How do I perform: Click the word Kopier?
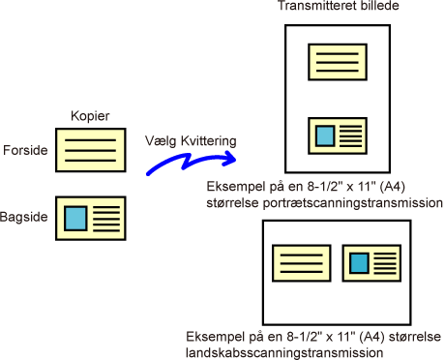tap(90, 116)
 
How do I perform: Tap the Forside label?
tap(25, 150)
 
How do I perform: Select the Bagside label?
tap(24, 217)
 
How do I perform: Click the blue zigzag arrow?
tap(191, 164)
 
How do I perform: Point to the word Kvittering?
tap(209, 141)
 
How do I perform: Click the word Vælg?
tap(161, 141)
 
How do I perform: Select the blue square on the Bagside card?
tap(75, 219)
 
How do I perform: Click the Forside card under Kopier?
tap(91, 150)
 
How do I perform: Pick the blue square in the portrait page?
tap(325, 135)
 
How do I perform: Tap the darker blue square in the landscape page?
tap(359, 263)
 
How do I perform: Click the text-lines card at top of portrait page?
tap(338, 62)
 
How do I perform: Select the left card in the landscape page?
tap(302, 263)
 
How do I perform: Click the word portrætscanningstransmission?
tap(353, 203)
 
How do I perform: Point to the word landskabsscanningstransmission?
tap(284, 353)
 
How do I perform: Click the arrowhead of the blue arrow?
tap(229, 158)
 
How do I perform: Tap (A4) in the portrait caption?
tap(392, 187)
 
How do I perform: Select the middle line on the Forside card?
tap(90, 150)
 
